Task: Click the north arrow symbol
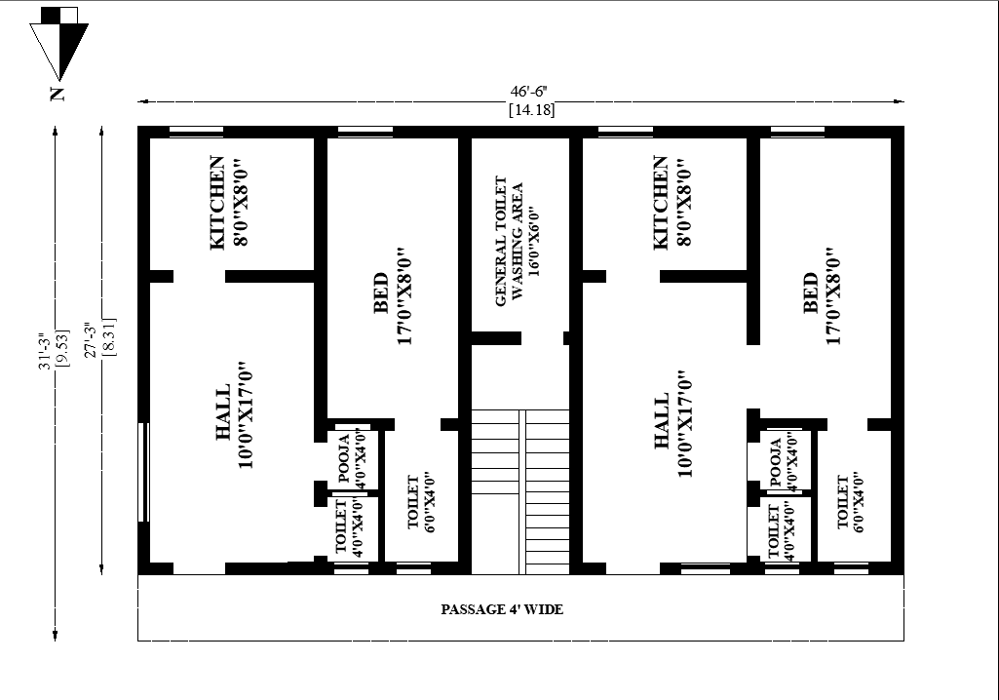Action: (59, 45)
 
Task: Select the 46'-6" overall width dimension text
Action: (534, 91)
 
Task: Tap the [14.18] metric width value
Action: (532, 109)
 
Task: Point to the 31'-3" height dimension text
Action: (41, 351)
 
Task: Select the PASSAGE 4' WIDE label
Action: (502, 610)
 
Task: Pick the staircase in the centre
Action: (520, 491)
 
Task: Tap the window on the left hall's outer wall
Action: (144, 473)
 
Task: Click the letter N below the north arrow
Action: (58, 95)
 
